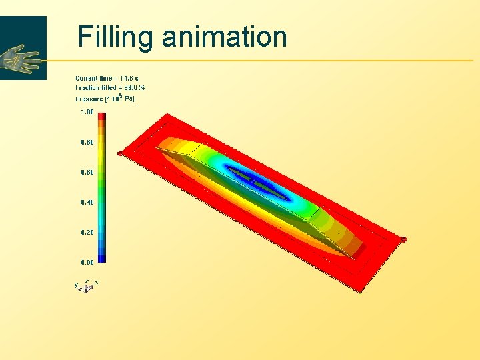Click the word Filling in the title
pyautogui.click(x=115, y=37)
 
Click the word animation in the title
pyautogui.click(x=224, y=37)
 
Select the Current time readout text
pyautogui.click(x=107, y=79)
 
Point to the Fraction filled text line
pyautogui.click(x=110, y=87)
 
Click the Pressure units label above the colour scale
pyautogui.click(x=105, y=99)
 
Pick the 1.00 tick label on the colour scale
pyautogui.click(x=87, y=112)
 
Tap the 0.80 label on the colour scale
pyautogui.click(x=87, y=142)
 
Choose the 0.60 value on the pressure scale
pyautogui.click(x=87, y=172)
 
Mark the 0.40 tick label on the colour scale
pyautogui.click(x=87, y=202)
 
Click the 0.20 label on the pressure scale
pyautogui.click(x=87, y=232)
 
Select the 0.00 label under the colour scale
pyautogui.click(x=87, y=262)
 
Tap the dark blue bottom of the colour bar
pyautogui.click(x=101, y=259)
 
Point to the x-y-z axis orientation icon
pyautogui.click(x=87, y=285)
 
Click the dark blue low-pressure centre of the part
pyautogui.click(x=257, y=181)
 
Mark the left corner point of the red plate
pyautogui.click(x=120, y=153)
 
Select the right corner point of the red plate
pyautogui.click(x=403, y=239)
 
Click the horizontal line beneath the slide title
pyautogui.click(x=267, y=61)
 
